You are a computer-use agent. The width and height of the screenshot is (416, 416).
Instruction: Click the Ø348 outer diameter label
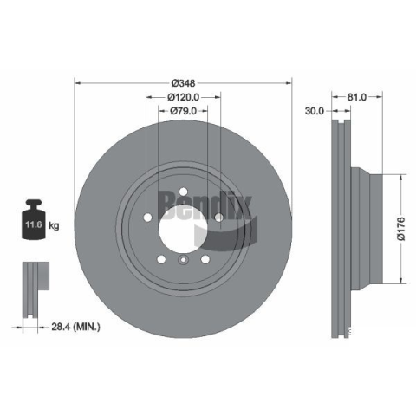(x=183, y=83)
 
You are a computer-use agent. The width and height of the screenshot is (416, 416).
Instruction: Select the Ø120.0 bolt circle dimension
(x=183, y=97)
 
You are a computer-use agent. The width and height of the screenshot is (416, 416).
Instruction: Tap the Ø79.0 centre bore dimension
(x=183, y=111)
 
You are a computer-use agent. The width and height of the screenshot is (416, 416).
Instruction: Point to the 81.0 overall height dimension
(x=356, y=97)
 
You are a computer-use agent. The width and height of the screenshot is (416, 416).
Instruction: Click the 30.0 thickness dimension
(x=315, y=111)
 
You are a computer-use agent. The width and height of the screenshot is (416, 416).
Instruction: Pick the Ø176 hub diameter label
(x=401, y=229)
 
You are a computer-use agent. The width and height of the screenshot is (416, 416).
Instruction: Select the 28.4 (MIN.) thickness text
(x=75, y=327)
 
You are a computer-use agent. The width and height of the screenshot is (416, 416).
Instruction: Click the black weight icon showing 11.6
(x=34, y=219)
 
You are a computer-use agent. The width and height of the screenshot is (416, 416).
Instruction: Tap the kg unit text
(x=54, y=225)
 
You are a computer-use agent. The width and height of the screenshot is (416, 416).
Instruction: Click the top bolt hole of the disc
(x=183, y=192)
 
